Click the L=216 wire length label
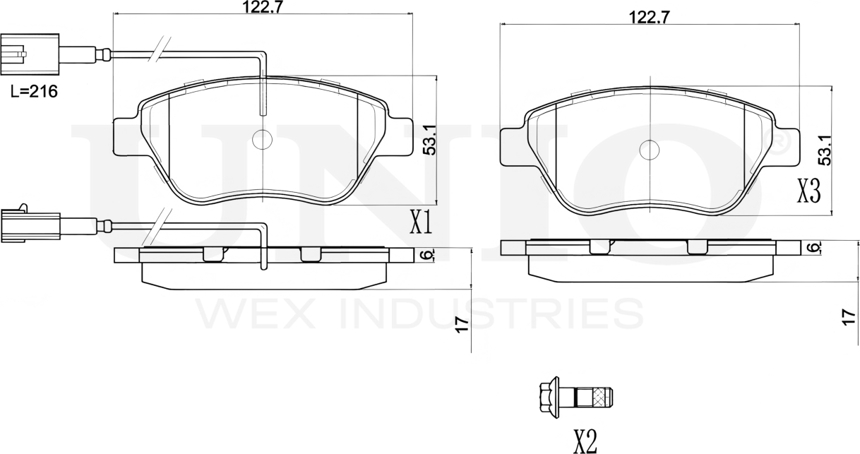(x=34, y=91)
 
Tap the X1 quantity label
(x=421, y=222)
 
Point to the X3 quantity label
(x=809, y=191)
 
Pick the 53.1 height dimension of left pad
(x=430, y=140)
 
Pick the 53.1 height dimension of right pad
(x=825, y=150)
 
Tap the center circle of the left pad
(x=262, y=140)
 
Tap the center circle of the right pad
(x=650, y=150)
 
